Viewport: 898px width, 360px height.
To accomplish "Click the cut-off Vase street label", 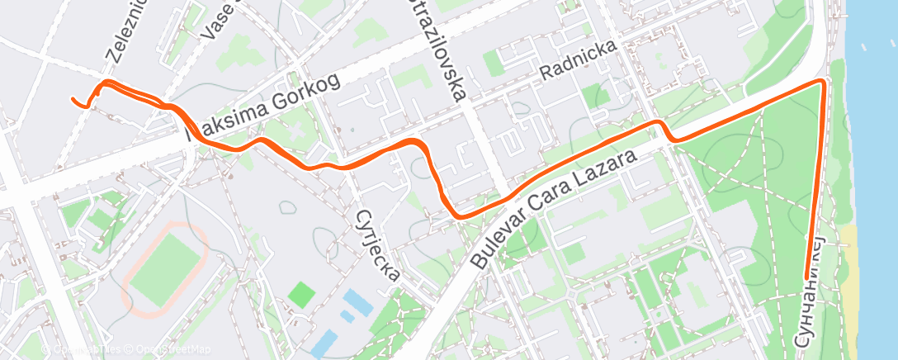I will [x=216, y=21].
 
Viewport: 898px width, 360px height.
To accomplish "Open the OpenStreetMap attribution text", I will [x=168, y=349].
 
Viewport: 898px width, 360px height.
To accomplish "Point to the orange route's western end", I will [x=73, y=100].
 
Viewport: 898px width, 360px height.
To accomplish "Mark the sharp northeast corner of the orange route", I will [x=823, y=82].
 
